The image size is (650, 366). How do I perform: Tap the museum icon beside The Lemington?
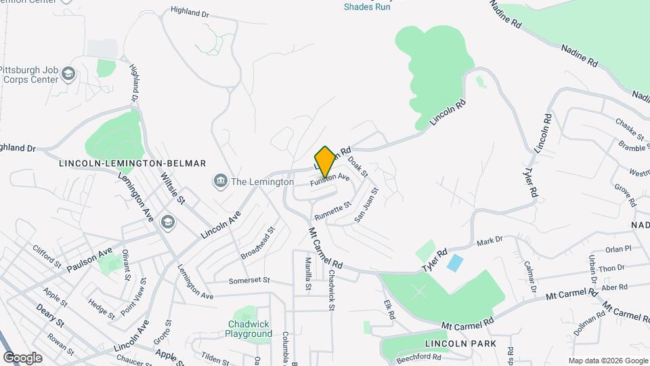[x=220, y=181]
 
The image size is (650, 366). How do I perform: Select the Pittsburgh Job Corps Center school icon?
[x=68, y=73]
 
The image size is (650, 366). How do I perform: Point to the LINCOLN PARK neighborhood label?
[x=460, y=344]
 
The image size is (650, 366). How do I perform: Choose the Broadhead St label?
[x=258, y=243]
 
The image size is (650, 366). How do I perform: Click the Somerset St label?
[x=249, y=280]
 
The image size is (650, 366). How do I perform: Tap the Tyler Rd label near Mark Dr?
[x=437, y=261]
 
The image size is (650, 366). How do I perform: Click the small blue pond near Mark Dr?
[x=456, y=263]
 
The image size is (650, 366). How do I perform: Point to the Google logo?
[x=22, y=357]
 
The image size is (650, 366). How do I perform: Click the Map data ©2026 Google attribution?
[x=607, y=361]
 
